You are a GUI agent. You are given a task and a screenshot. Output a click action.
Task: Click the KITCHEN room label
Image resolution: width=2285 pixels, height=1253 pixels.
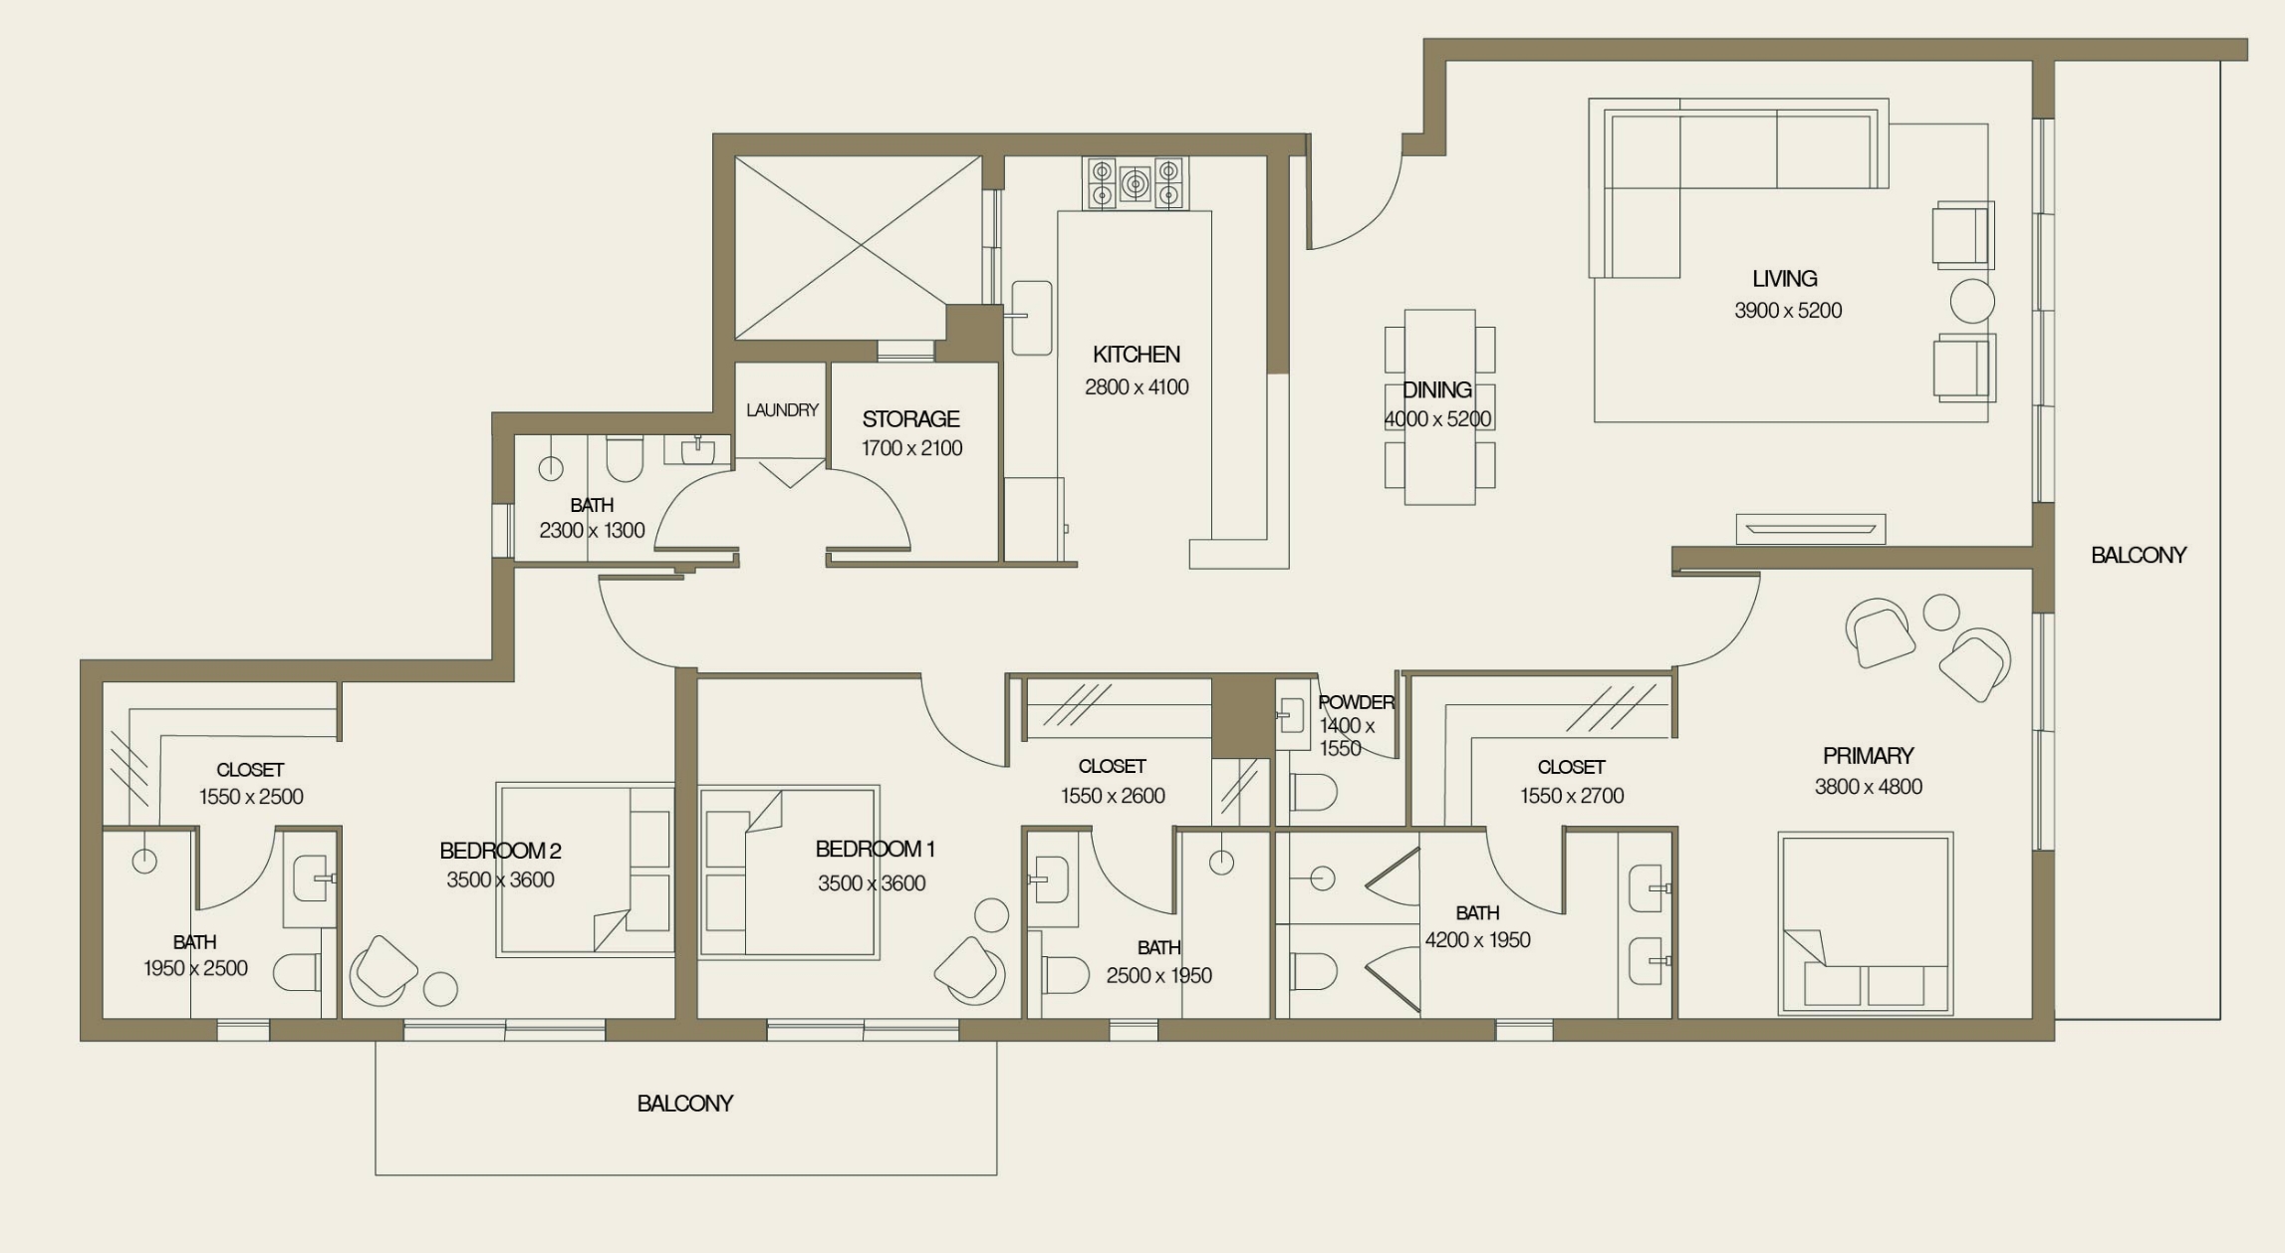point(1136,355)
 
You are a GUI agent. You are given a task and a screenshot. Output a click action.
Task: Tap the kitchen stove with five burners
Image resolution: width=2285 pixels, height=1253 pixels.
point(1135,183)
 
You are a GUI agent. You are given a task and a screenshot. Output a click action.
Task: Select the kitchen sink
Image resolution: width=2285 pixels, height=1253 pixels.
point(1032,317)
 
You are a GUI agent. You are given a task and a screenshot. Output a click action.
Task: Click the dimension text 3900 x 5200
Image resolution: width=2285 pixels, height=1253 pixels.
point(1788,311)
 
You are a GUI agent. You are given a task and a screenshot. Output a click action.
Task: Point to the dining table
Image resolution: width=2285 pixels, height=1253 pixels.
point(1439,406)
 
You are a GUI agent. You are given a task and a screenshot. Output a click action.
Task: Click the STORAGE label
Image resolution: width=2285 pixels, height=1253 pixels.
point(910,419)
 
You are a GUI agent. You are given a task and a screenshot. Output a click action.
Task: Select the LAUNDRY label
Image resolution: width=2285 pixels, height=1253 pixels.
point(782,410)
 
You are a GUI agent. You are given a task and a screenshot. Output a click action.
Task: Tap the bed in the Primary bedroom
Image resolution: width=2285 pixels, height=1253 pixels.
point(1865,923)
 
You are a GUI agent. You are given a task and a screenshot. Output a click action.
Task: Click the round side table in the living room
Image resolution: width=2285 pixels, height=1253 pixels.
point(1971,301)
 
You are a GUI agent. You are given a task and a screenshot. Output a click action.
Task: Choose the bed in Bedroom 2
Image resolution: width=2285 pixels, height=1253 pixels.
point(586,870)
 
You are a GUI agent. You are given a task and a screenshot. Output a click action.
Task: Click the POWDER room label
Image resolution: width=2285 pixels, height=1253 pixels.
point(1356,702)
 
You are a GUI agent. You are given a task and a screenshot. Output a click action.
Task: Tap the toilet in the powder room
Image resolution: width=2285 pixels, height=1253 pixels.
point(1312,793)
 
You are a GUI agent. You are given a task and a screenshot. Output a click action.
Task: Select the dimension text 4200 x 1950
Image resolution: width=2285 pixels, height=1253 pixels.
point(1477,940)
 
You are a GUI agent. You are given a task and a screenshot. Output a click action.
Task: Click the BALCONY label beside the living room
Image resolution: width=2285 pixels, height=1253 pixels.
point(2138,556)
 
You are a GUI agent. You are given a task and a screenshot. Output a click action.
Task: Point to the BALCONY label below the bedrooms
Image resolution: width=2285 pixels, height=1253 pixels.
point(685,1104)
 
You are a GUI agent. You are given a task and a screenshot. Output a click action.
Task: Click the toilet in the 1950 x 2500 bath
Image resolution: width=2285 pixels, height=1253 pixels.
point(296,973)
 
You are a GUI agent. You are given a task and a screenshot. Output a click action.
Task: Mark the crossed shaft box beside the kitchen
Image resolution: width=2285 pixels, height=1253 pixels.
point(858,248)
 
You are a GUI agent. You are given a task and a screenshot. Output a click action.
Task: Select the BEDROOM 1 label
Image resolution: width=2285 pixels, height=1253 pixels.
point(875,850)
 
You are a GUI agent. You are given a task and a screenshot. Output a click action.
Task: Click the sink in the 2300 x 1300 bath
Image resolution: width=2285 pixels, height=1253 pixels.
point(697,451)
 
